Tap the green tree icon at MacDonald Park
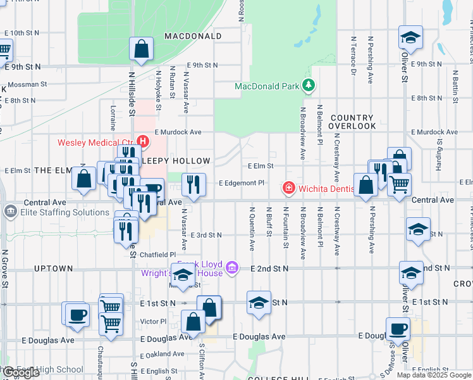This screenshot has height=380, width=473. pos(309,84)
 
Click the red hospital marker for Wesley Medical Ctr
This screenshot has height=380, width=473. pos(143,141)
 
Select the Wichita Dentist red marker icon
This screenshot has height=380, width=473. pos(288,188)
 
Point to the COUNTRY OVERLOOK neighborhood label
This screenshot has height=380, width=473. pos(352,122)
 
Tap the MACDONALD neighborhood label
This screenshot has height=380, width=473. pos(193,36)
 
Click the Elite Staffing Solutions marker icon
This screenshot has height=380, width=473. pos(10,212)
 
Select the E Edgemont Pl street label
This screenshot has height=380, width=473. pos(241,182)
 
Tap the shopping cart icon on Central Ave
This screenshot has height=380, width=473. pos(399,185)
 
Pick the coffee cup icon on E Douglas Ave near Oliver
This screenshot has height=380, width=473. pos(398,329)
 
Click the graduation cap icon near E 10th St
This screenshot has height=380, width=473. pos(410,37)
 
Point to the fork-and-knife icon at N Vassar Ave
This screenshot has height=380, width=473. pos(193,184)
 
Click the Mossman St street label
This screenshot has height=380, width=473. pos(27,84)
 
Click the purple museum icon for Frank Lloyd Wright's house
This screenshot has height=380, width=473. pos(231,267)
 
